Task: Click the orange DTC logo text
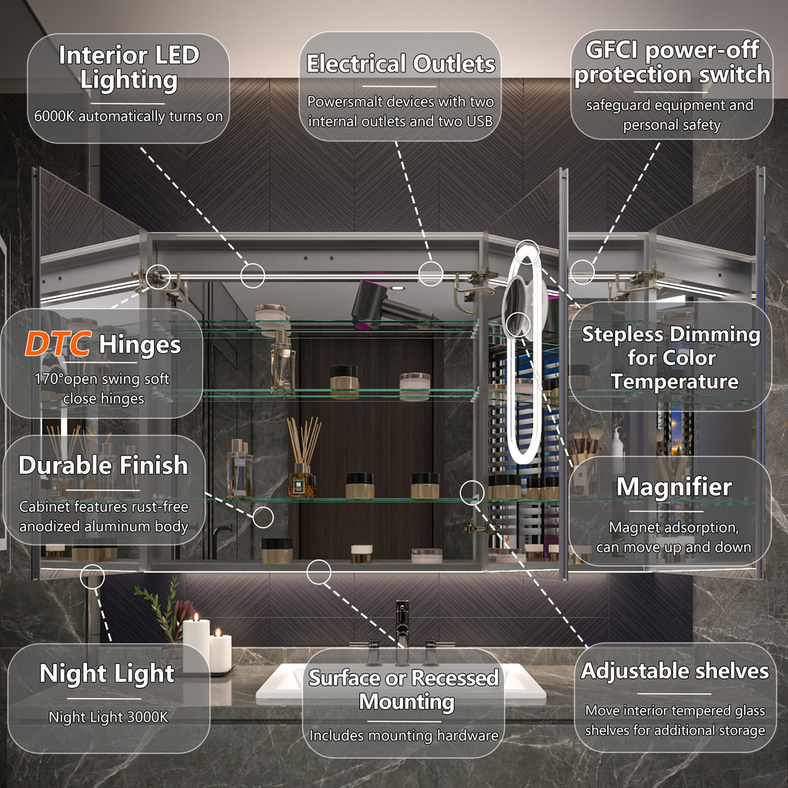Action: [58, 344]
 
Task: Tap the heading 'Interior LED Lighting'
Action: [129, 68]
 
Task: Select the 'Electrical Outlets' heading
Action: [400, 64]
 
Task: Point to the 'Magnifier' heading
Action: [674, 486]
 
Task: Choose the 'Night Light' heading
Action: [107, 673]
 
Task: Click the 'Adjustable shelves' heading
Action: [674, 671]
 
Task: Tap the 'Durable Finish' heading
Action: [103, 466]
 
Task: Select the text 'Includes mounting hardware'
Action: [403, 735]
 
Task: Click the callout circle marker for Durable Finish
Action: [263, 517]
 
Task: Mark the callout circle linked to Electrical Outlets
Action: [431, 274]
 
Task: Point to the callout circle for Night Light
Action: [92, 576]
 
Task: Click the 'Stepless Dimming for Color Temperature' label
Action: [671, 357]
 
